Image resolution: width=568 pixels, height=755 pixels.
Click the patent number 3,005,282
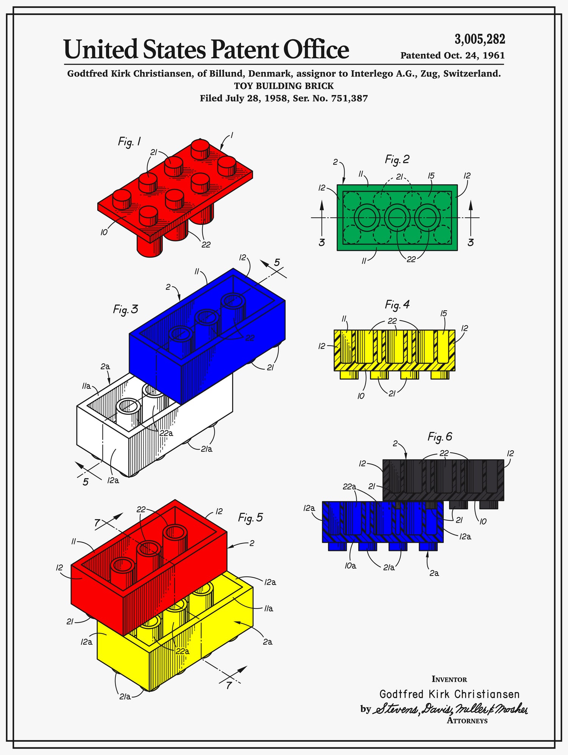click(480, 39)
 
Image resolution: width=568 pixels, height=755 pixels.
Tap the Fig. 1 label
click(129, 142)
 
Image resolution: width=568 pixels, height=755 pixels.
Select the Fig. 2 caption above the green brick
click(397, 159)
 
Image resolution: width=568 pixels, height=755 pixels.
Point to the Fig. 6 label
click(440, 437)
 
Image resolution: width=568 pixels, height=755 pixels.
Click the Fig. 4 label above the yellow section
click(397, 305)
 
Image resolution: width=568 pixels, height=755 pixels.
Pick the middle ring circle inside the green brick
click(397, 218)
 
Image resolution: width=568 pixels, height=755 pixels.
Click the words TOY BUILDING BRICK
click(284, 86)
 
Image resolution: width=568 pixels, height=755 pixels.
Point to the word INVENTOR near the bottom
click(449, 679)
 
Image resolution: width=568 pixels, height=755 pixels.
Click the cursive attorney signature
click(451, 709)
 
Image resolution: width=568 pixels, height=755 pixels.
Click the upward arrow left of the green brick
click(322, 219)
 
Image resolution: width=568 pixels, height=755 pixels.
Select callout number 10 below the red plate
click(104, 232)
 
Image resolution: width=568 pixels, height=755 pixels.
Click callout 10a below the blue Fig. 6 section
click(350, 566)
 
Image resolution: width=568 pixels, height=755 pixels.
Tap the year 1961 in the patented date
click(493, 56)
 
